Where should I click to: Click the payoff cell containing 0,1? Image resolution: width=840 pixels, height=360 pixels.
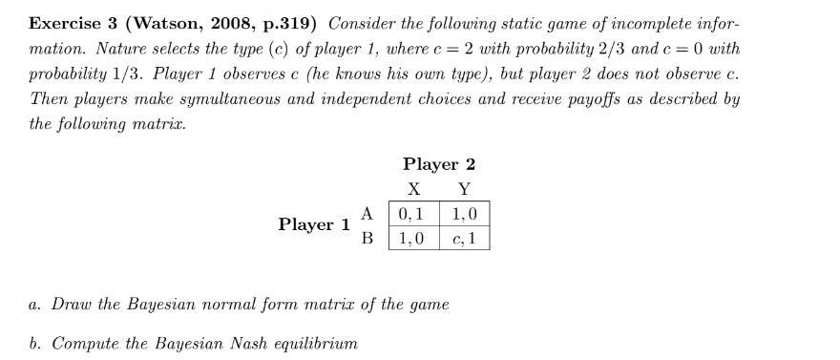pyautogui.click(x=414, y=212)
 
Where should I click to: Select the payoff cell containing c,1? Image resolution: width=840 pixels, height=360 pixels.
pyautogui.click(x=464, y=237)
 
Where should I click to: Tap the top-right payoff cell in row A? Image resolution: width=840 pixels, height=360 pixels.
pyautogui.click(x=464, y=212)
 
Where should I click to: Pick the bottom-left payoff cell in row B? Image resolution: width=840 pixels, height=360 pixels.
pyautogui.click(x=414, y=237)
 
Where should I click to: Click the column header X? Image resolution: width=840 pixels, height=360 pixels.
pyautogui.click(x=414, y=188)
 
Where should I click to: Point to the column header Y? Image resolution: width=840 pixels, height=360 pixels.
pyautogui.click(x=464, y=188)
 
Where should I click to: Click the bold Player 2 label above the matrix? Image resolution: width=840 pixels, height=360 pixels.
pyautogui.click(x=439, y=163)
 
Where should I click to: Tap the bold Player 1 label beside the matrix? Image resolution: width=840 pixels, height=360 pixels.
pyautogui.click(x=314, y=224)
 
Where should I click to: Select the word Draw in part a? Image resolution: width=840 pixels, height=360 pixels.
pyautogui.click(x=73, y=305)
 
